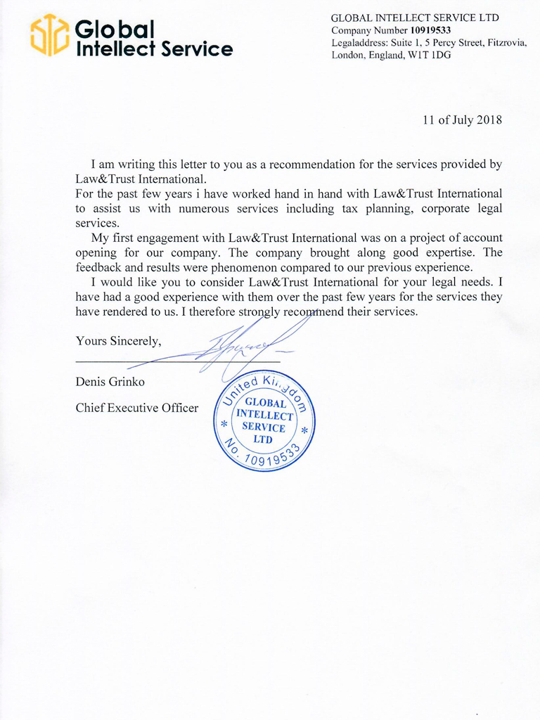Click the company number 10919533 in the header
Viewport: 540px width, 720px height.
[430, 30]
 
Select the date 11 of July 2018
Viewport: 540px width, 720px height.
[462, 120]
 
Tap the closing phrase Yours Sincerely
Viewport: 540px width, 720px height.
[119, 341]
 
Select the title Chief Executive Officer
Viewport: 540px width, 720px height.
[137, 407]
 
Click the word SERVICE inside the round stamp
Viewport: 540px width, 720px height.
[264, 427]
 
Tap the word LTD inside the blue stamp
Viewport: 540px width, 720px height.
[263, 439]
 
